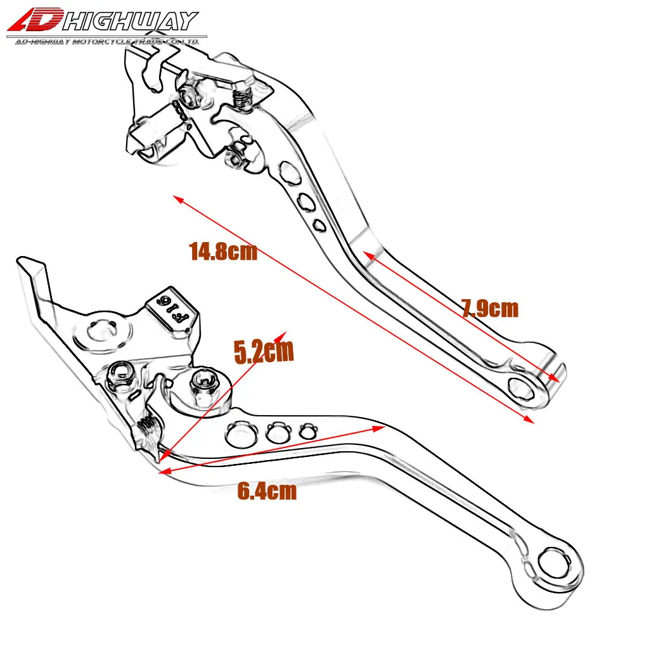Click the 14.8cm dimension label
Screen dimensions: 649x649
223,252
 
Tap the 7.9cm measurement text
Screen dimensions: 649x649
489,309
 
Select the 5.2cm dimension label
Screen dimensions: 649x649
264,352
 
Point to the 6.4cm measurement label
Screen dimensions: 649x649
267,491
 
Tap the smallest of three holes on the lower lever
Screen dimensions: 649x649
307,432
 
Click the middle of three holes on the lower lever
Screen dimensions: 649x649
276,433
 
